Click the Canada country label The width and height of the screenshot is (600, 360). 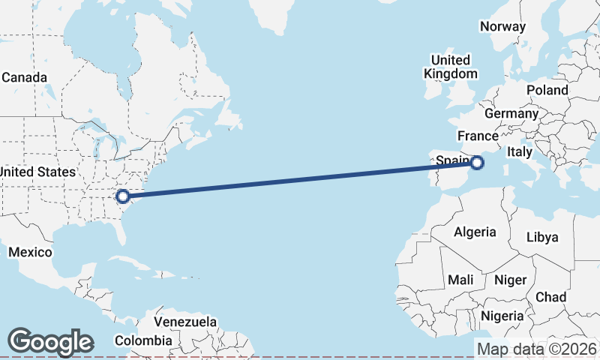25,77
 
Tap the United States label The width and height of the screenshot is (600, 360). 37,172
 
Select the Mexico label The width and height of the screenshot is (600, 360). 30,252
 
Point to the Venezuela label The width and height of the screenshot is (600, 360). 185,322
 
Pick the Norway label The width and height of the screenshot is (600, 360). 502,26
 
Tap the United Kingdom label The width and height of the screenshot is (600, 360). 450,67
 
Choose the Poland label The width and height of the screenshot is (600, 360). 547,90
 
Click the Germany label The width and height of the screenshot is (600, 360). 511,114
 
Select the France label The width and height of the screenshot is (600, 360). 478,136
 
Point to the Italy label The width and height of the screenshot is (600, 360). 520,151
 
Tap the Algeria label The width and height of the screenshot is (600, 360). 474,232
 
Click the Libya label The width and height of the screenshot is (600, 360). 542,237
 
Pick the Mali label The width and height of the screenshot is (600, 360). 460,280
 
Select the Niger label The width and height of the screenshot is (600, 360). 510,280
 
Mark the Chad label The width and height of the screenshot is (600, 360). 550,297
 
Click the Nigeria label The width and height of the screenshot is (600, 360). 502,316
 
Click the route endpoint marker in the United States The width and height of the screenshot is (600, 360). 123,196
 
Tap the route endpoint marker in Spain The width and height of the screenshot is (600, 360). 478,161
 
